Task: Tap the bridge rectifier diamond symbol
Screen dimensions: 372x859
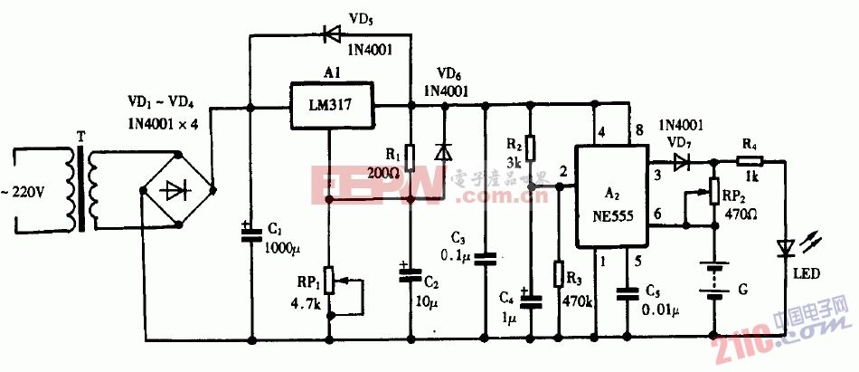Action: coord(178,190)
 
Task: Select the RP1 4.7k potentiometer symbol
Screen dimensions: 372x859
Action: coord(328,281)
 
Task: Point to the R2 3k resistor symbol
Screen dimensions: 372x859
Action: coord(531,147)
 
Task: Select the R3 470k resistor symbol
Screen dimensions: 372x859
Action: coord(558,273)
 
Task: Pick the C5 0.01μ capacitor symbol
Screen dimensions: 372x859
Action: coord(626,293)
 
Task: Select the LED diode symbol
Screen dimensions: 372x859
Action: coord(785,246)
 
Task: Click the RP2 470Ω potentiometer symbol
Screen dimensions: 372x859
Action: coord(714,191)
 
